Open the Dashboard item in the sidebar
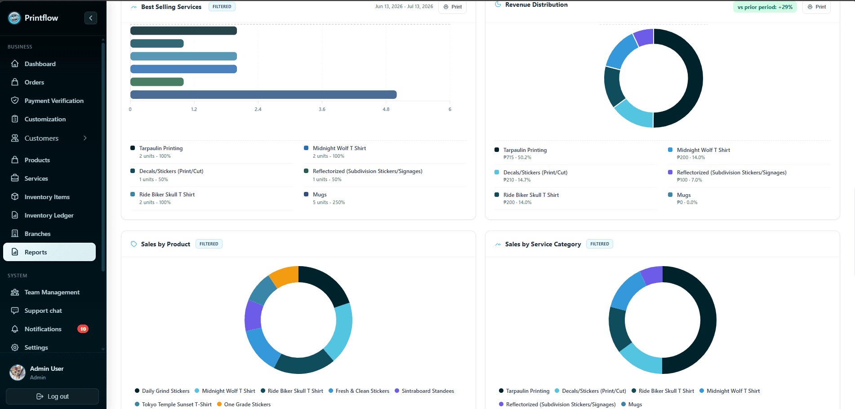pos(40,64)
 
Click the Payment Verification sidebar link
pos(54,101)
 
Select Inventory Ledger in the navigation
pos(49,215)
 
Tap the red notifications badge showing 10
pos(83,329)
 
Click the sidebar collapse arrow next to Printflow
pos(91,18)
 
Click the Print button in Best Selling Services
pos(452,7)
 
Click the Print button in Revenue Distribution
pos(816,7)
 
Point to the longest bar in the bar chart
pos(263,94)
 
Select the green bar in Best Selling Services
pos(157,82)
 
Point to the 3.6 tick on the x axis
pos(322,109)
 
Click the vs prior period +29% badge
pos(765,7)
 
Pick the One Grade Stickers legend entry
pos(244,405)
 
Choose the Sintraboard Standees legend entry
pos(424,391)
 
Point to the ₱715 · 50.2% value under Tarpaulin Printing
pos(517,157)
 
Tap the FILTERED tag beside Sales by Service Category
pos(600,244)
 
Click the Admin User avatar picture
pos(18,373)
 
